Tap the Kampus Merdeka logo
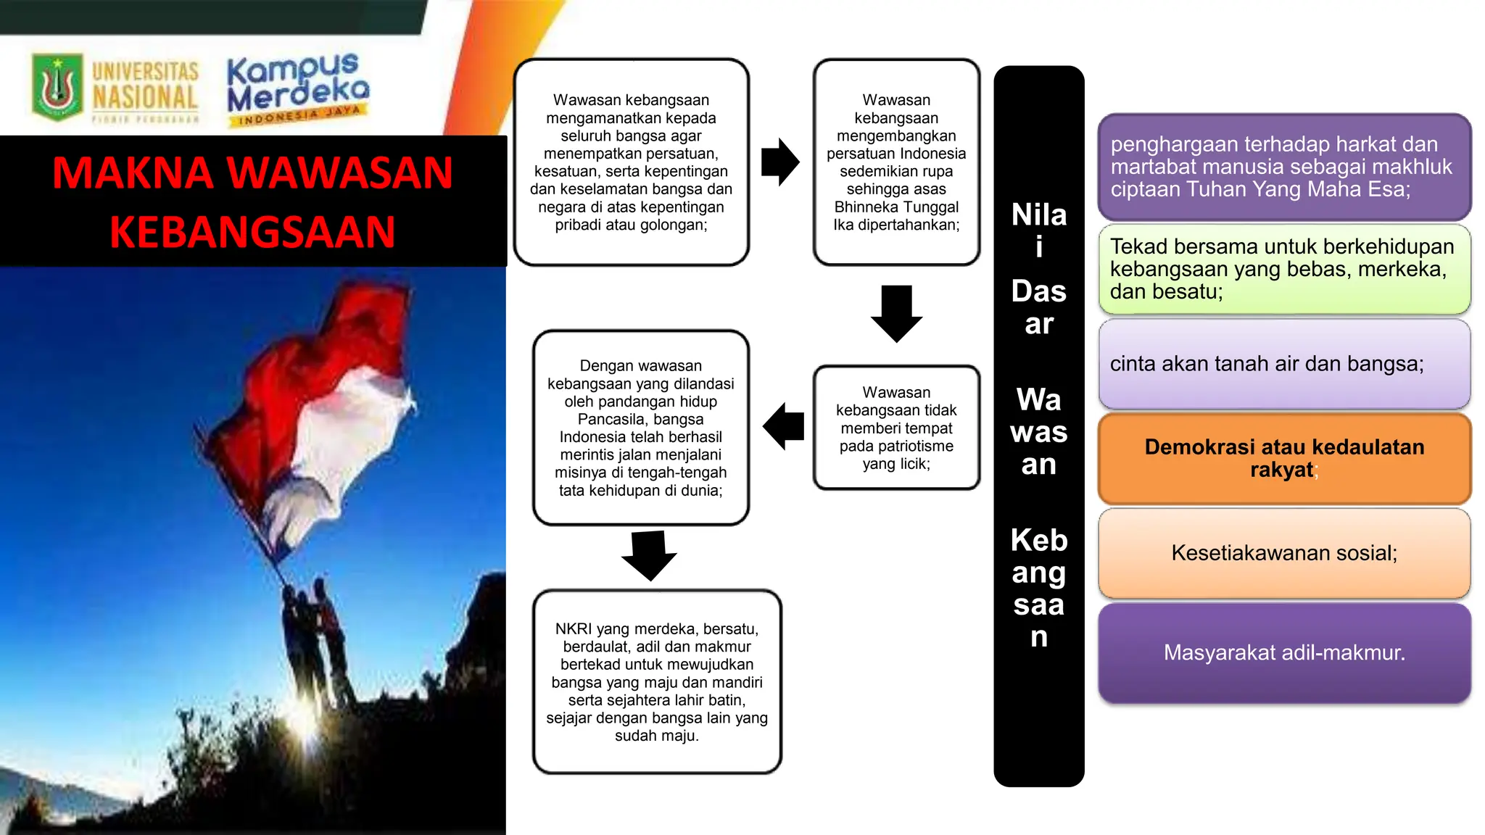click(x=297, y=88)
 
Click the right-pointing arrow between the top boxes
click(x=780, y=162)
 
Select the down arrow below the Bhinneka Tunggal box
click(x=896, y=313)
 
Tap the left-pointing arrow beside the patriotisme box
click(x=784, y=426)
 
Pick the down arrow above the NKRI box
click(x=649, y=555)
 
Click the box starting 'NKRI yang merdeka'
click(x=656, y=681)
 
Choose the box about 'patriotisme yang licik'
click(x=896, y=428)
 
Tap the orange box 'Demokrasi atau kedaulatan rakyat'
click(x=1284, y=458)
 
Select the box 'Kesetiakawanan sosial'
click(x=1284, y=553)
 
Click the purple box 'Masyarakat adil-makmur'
click(x=1284, y=652)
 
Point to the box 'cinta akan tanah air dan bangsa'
click(x=1284, y=364)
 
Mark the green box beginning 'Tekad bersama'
click(x=1284, y=269)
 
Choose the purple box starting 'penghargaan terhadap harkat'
click(x=1284, y=167)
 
